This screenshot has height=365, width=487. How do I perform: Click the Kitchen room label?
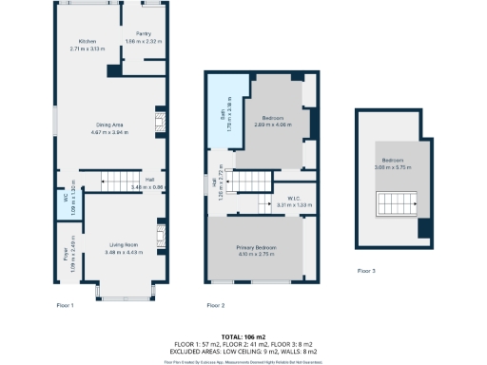(88, 42)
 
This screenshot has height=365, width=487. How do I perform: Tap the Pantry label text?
(144, 33)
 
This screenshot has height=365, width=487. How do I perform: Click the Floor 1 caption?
(66, 305)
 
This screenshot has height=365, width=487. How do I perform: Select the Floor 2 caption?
(216, 305)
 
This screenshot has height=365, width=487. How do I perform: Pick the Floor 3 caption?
(366, 271)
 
